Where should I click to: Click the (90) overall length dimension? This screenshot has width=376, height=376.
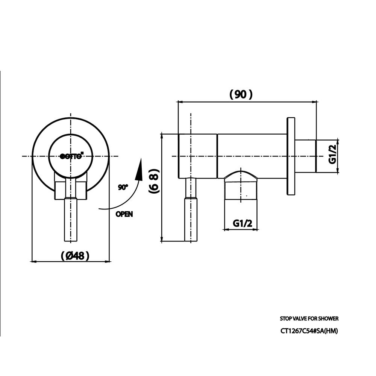241,94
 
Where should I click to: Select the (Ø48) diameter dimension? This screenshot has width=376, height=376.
75,256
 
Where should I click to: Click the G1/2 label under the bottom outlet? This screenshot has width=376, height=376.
242,223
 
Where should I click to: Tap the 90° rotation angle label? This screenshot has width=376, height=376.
123,187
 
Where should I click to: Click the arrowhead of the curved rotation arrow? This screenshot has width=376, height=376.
140,167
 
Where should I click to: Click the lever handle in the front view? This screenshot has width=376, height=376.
71,220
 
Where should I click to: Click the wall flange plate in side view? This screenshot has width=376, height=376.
291,156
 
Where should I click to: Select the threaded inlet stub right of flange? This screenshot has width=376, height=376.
305,156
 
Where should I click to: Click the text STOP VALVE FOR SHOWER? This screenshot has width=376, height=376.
309,318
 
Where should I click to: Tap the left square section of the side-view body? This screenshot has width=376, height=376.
197,156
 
